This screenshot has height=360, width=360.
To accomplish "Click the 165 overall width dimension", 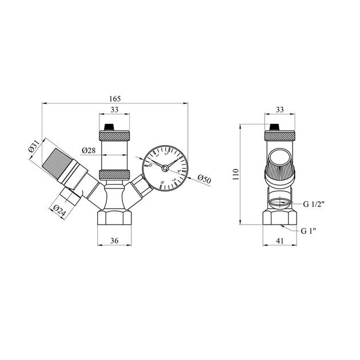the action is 115,99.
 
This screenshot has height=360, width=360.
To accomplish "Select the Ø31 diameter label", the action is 34,146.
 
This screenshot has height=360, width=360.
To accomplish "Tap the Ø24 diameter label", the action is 59,210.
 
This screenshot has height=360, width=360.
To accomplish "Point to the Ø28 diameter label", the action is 89,150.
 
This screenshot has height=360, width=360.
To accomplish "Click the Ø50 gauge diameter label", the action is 204,179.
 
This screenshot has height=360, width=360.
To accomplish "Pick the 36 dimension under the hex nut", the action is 114,241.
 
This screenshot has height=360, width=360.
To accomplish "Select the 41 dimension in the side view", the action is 279,241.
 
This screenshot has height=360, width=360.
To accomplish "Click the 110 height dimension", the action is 236,174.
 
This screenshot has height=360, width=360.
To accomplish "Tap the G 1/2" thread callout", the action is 314,204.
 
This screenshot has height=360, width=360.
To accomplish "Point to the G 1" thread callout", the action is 309,231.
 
